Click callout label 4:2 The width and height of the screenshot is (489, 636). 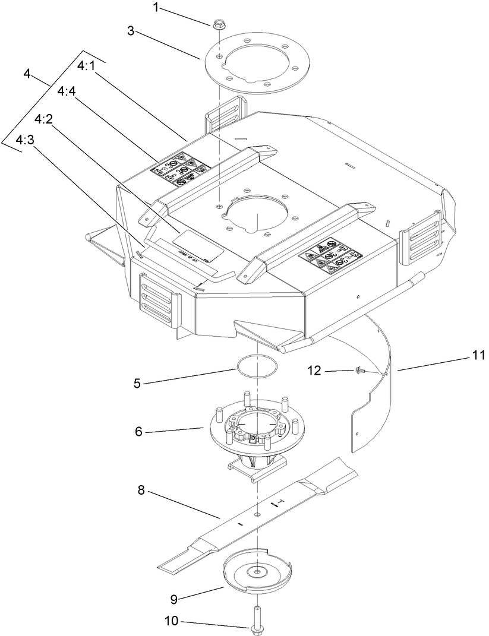point(45,119)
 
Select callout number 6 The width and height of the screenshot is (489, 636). point(138,431)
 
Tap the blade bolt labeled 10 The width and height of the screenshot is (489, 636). point(257,618)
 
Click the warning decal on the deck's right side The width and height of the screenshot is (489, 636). point(330,257)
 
